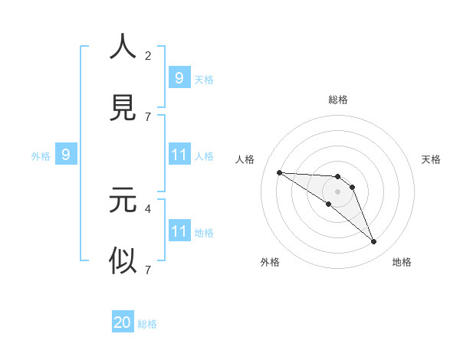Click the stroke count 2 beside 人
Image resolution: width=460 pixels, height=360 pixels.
click(x=148, y=55)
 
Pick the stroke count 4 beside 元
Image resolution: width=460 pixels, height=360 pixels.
click(x=148, y=208)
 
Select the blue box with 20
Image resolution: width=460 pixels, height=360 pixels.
click(x=123, y=322)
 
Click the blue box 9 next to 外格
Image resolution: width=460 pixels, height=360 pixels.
click(x=66, y=155)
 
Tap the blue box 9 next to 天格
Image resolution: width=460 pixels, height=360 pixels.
click(x=179, y=78)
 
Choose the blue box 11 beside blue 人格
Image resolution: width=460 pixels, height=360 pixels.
click(x=179, y=155)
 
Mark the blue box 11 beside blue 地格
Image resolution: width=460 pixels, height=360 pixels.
click(x=179, y=231)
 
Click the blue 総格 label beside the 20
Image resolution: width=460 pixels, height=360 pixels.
click(x=147, y=324)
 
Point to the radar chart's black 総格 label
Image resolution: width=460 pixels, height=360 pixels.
click(x=338, y=100)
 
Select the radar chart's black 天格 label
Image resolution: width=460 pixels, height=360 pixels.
click(x=432, y=159)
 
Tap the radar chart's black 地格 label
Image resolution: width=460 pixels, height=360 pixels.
click(x=402, y=262)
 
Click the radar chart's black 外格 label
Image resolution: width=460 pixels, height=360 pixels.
click(x=270, y=262)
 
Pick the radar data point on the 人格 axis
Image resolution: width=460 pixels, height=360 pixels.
click(x=279, y=172)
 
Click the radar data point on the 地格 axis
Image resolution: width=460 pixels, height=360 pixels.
click(x=373, y=242)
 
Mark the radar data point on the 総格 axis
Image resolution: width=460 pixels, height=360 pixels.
click(x=338, y=177)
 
